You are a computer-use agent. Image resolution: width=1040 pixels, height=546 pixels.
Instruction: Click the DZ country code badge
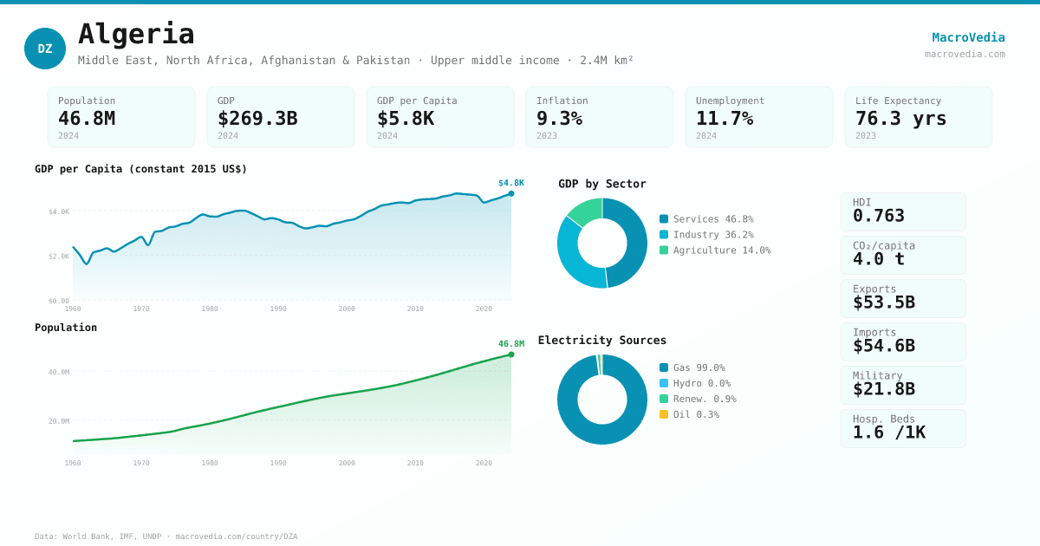(x=45, y=49)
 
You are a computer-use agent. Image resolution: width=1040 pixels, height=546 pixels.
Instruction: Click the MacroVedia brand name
(x=968, y=37)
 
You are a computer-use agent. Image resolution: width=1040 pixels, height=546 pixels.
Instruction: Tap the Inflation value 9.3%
(x=559, y=119)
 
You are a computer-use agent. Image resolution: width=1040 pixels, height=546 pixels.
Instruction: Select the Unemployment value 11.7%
(x=724, y=119)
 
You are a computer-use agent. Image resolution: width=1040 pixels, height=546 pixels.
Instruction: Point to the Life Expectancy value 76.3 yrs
(x=900, y=119)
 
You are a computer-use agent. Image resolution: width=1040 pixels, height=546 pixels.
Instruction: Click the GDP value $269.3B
(x=257, y=119)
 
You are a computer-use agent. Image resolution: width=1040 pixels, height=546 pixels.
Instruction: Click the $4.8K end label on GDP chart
(x=510, y=183)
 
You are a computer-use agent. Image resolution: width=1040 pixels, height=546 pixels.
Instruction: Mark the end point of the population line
(x=511, y=354)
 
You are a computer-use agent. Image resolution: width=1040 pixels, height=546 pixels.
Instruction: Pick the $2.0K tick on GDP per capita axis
(x=59, y=256)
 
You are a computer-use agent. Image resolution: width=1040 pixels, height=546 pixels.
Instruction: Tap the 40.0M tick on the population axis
(x=59, y=372)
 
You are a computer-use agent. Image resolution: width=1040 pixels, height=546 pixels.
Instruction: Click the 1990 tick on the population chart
(x=278, y=463)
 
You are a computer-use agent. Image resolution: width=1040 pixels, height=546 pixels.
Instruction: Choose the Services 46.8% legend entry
(x=706, y=219)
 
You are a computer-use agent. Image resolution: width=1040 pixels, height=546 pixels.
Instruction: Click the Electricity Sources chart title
(x=602, y=340)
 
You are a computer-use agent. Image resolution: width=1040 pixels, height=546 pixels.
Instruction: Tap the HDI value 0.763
(x=879, y=216)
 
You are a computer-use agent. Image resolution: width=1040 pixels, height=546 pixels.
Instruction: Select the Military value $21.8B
(x=884, y=389)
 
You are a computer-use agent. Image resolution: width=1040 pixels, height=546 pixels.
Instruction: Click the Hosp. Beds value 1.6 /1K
(x=889, y=432)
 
